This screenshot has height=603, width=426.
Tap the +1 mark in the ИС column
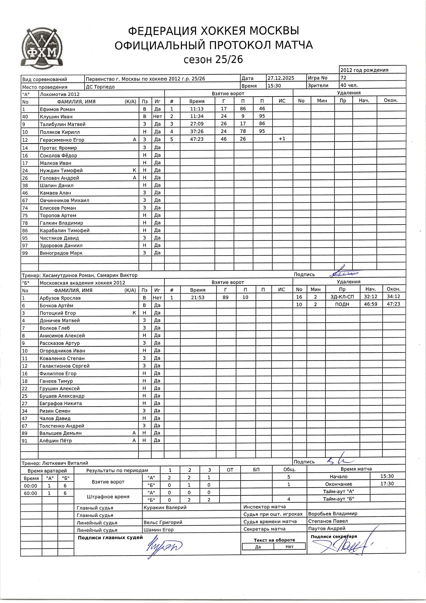(282, 139)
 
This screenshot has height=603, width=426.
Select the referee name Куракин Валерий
(165, 507)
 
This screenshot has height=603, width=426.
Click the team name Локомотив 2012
(60, 94)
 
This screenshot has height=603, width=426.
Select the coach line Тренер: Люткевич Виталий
(55, 463)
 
